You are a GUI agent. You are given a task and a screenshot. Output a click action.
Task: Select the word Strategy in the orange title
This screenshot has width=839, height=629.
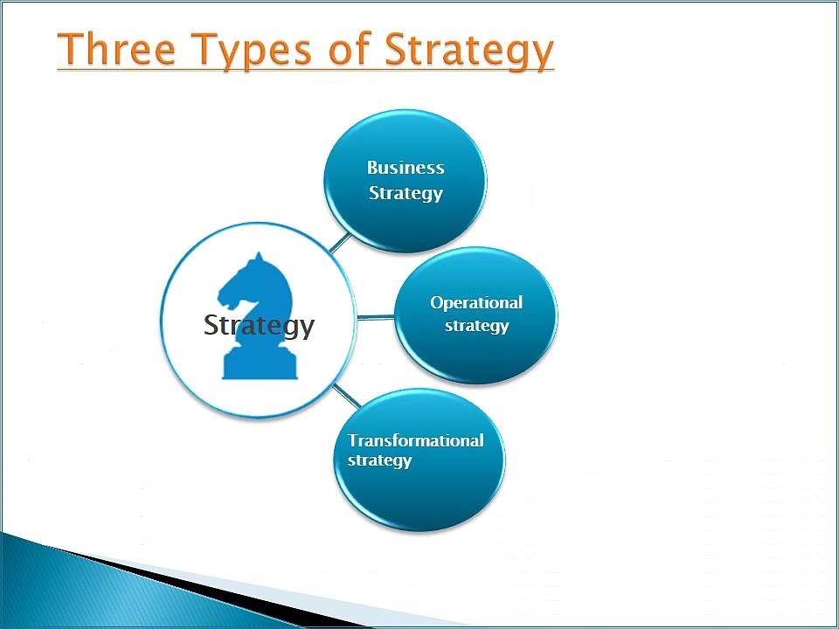click(x=468, y=51)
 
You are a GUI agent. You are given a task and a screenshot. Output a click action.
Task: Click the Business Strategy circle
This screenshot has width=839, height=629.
click(x=405, y=181)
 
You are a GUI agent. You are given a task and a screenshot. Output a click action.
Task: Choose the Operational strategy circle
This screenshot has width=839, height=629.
click(x=476, y=314)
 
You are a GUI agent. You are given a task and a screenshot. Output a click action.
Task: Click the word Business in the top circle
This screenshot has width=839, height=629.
click(x=406, y=168)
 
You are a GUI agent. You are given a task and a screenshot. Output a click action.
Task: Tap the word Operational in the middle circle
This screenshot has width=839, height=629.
click(x=476, y=302)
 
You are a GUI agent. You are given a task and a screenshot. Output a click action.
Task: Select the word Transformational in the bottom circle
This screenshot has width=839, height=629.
click(x=415, y=440)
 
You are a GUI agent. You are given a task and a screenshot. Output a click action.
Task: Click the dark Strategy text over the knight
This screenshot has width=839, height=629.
click(x=259, y=326)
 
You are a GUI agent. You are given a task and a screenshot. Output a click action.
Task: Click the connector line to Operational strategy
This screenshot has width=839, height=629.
click(x=376, y=317)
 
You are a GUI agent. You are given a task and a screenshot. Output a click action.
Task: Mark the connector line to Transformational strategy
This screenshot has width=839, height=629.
click(x=347, y=396)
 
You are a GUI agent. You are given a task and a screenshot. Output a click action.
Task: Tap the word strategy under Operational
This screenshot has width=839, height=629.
click(x=476, y=326)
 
